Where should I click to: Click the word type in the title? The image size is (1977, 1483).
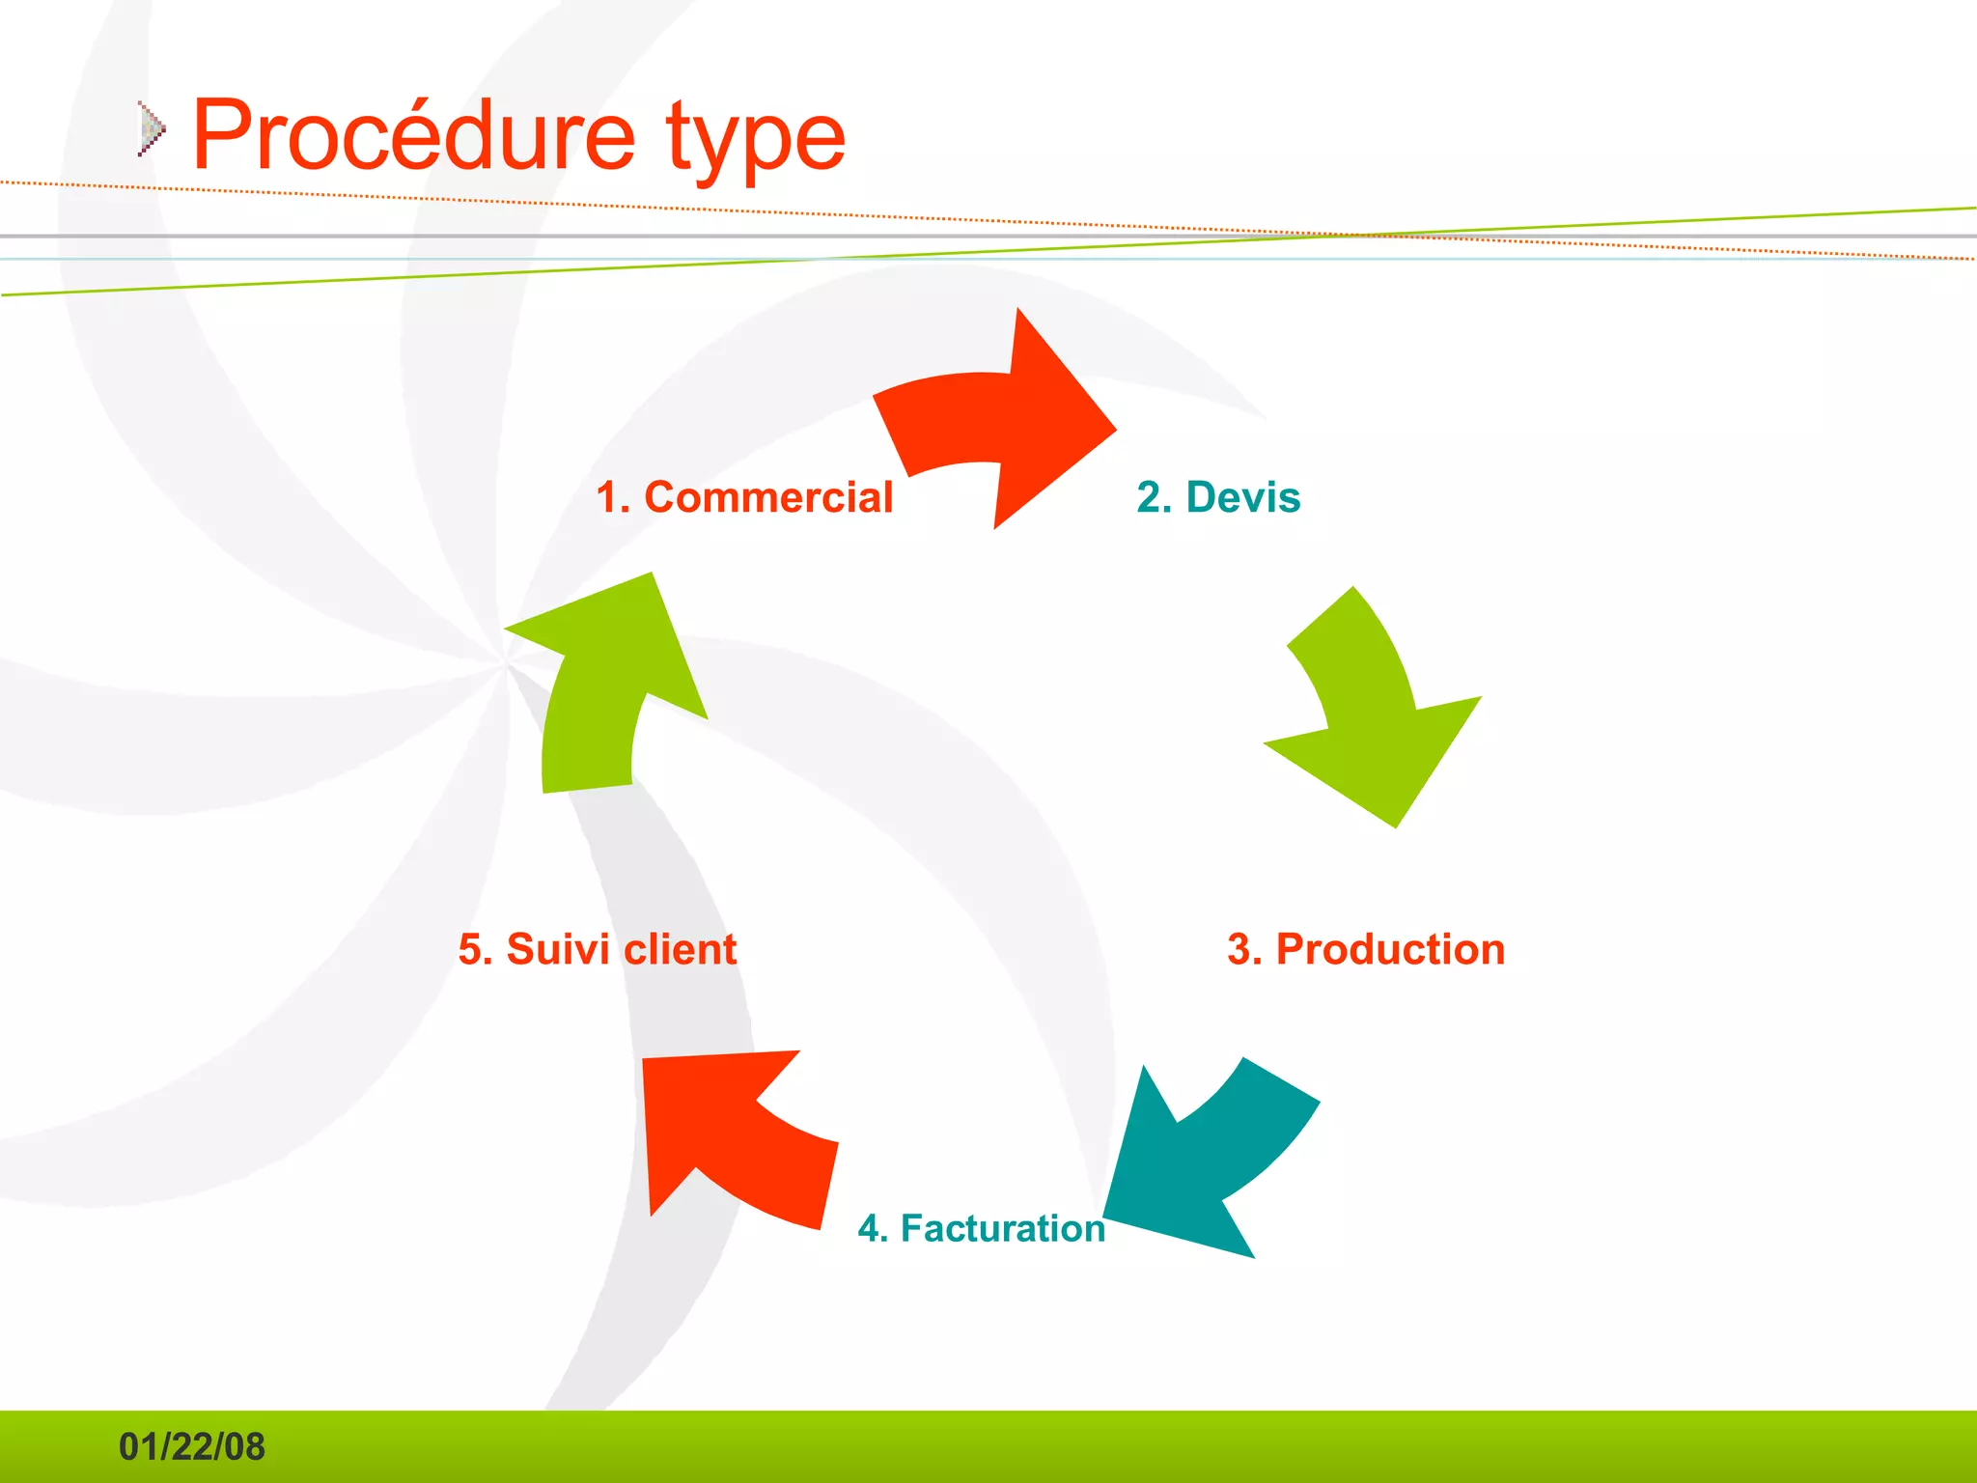[755, 140]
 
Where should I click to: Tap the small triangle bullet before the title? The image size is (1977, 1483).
[151, 128]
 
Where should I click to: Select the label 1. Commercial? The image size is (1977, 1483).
[744, 497]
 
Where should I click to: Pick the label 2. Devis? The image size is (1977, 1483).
[1218, 497]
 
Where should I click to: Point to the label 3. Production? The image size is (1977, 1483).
[1366, 949]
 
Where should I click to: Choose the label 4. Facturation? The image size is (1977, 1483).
[981, 1228]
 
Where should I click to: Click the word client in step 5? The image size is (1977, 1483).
[680, 949]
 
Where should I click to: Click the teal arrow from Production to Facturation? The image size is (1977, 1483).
[1207, 1159]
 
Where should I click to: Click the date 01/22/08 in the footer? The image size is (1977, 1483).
[191, 1446]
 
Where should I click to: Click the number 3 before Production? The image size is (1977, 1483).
[1239, 949]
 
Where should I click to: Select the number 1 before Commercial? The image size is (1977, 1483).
[607, 497]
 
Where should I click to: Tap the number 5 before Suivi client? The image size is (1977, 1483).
[470, 949]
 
